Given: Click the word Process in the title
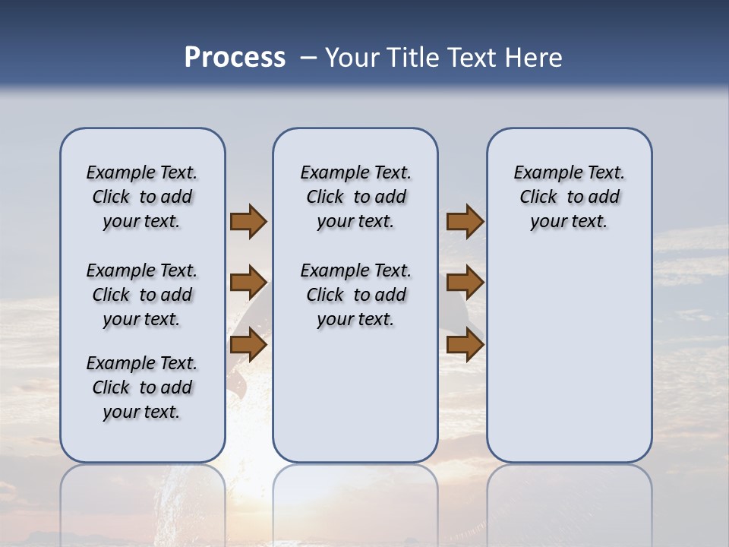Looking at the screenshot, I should point(235,58).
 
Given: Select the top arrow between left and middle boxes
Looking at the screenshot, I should point(248,222).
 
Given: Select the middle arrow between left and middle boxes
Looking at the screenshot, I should point(248,283).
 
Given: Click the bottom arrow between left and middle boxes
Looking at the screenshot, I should point(248,346).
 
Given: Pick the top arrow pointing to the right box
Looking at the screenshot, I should point(465,222).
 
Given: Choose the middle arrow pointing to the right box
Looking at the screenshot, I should point(465,283).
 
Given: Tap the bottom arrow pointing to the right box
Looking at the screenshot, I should point(465,346).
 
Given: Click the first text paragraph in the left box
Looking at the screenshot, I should point(142,197).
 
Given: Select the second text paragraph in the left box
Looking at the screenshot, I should point(142,295).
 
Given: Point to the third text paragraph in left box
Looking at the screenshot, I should point(142,387).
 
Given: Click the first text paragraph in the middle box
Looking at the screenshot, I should point(355,197).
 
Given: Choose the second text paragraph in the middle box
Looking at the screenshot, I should point(355,295).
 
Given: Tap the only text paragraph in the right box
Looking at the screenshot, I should point(569,197).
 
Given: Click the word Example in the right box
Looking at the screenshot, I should point(541,173).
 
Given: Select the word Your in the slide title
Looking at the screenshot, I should point(352,58).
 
